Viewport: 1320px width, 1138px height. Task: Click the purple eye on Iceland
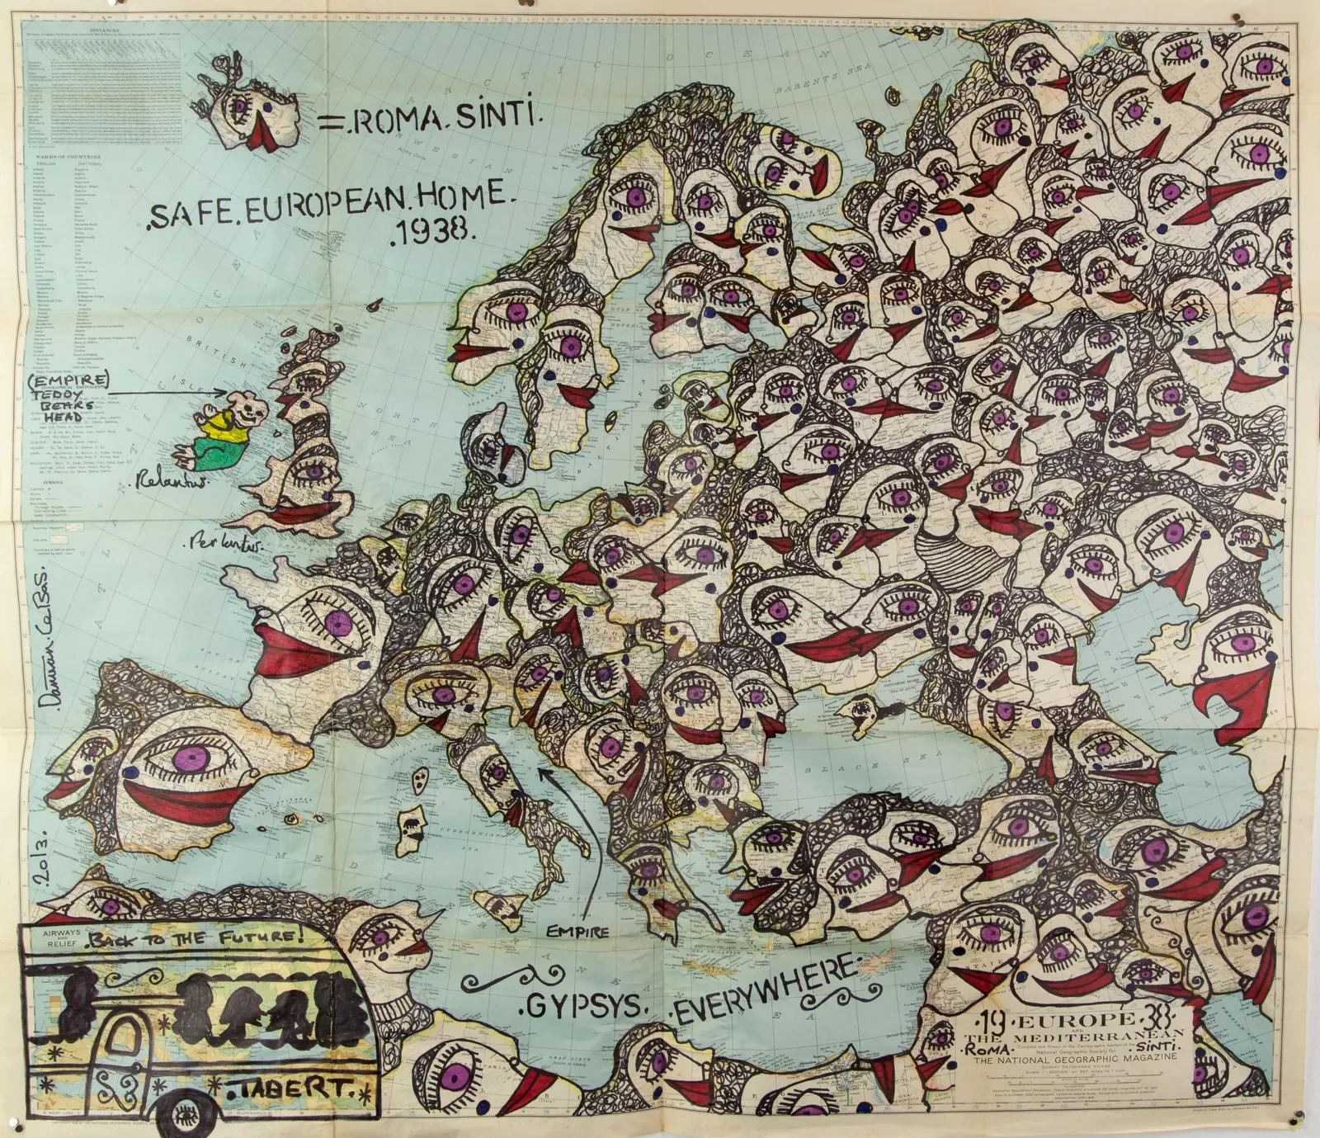tap(241, 106)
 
